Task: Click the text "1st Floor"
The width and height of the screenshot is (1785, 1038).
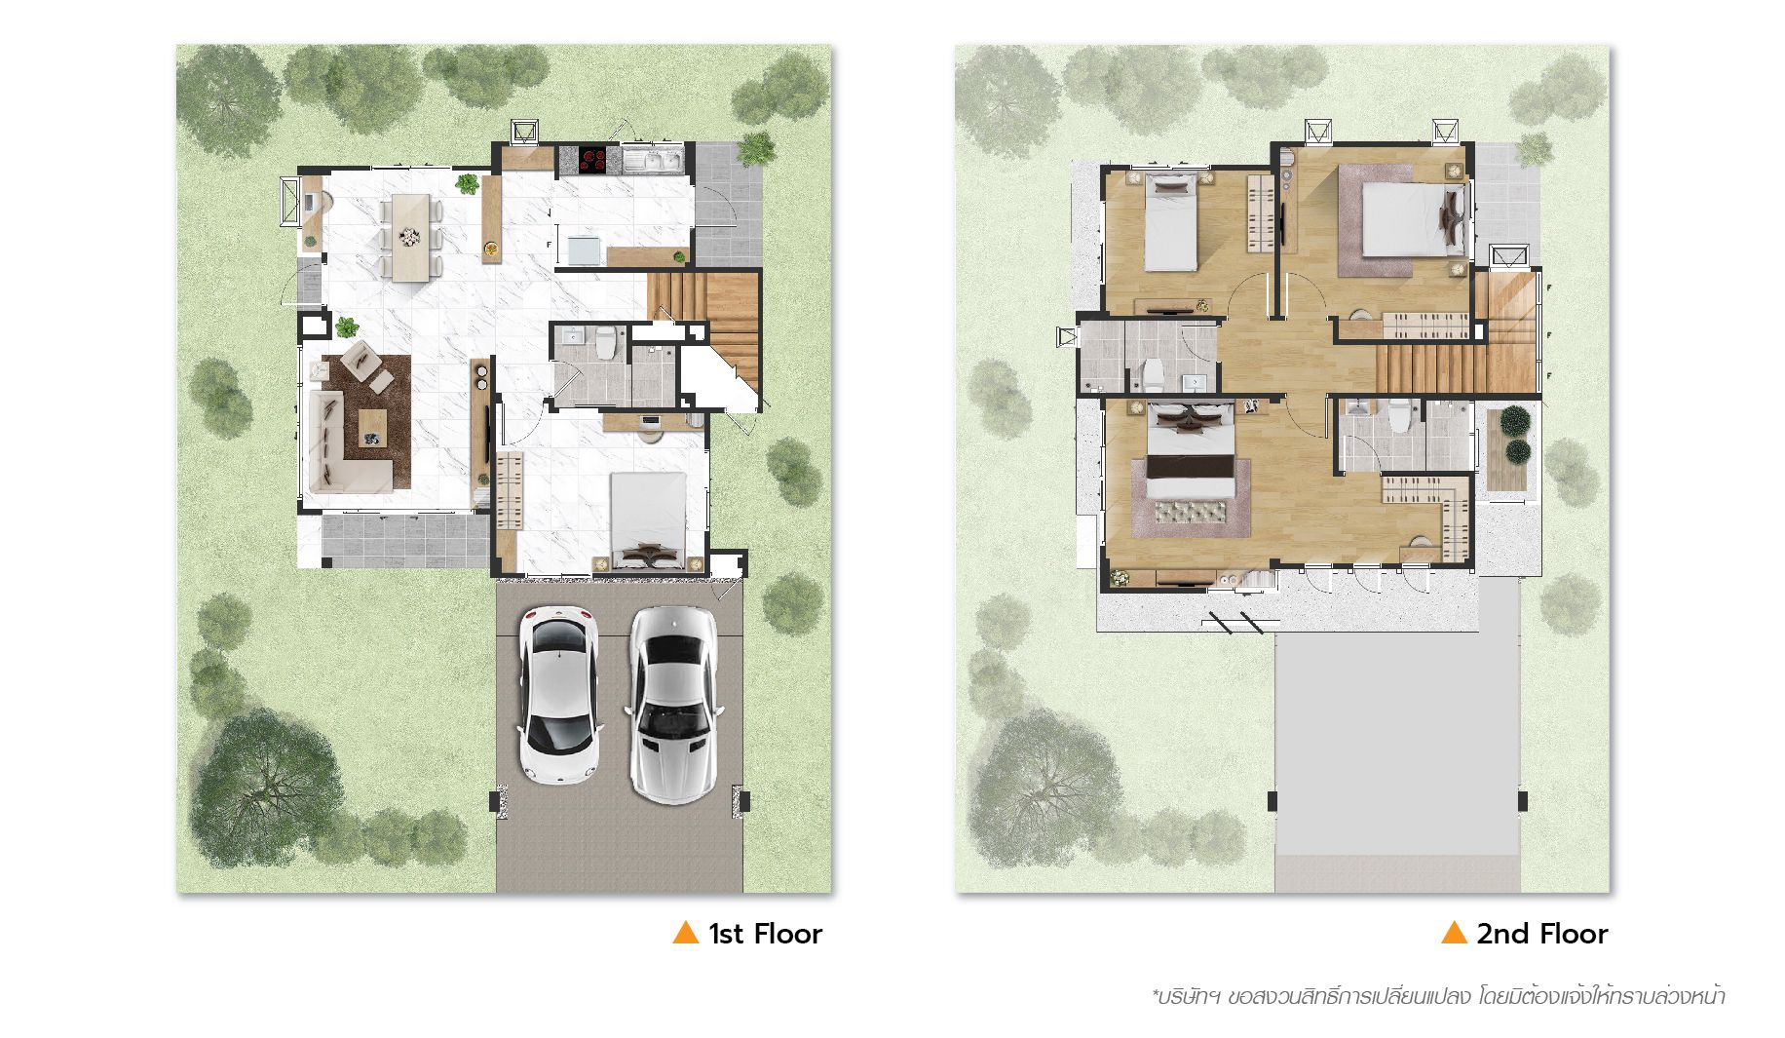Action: tap(765, 934)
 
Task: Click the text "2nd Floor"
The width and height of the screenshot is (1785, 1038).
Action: tap(1541, 934)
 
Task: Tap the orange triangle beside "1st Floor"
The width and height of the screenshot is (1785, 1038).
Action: tap(686, 933)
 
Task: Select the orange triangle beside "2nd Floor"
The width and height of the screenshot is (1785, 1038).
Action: tap(1454, 933)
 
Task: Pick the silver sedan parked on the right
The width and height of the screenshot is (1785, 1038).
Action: tap(671, 704)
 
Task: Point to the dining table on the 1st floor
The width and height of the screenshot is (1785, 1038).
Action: tap(410, 236)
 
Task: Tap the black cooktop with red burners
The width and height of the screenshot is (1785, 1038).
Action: tap(592, 159)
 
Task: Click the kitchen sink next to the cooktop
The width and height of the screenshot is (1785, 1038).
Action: tap(654, 159)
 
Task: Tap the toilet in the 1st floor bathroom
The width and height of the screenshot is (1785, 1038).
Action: tap(606, 343)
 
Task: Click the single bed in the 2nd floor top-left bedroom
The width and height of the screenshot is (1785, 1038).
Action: tap(1169, 222)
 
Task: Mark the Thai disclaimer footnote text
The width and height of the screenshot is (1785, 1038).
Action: tap(1438, 998)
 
